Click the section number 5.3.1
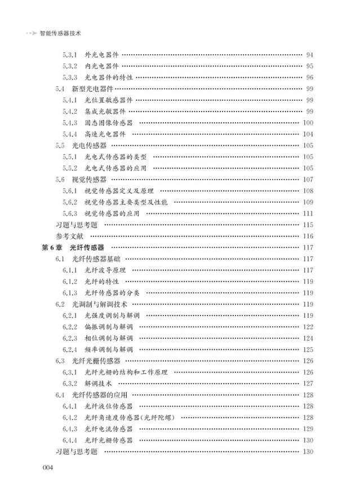(70, 55)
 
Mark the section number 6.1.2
(70, 282)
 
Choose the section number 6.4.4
(70, 441)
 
